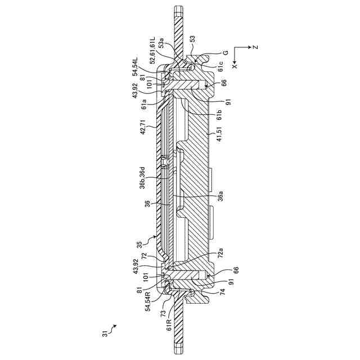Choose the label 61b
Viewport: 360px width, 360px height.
[x=219, y=115]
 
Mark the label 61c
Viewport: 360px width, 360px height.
[x=220, y=67]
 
